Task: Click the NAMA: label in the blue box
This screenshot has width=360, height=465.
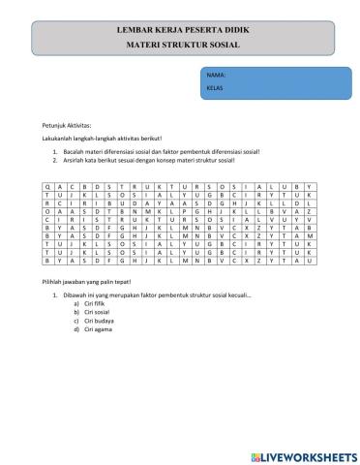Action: [216, 74]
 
